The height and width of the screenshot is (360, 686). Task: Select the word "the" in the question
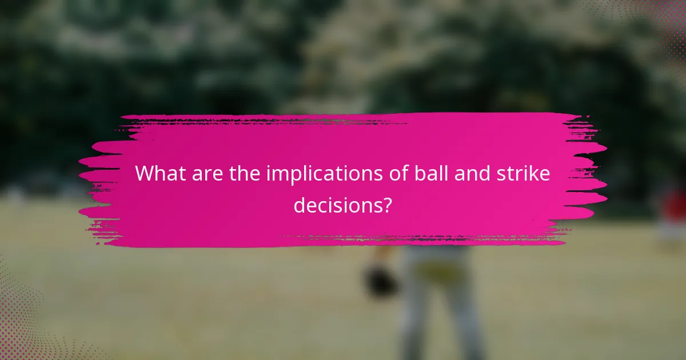245,174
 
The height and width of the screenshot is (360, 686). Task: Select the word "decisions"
337,204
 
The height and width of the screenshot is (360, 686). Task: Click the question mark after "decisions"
386,204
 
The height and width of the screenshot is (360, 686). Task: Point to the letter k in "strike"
535,174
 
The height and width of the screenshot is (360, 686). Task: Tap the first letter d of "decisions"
300,204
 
